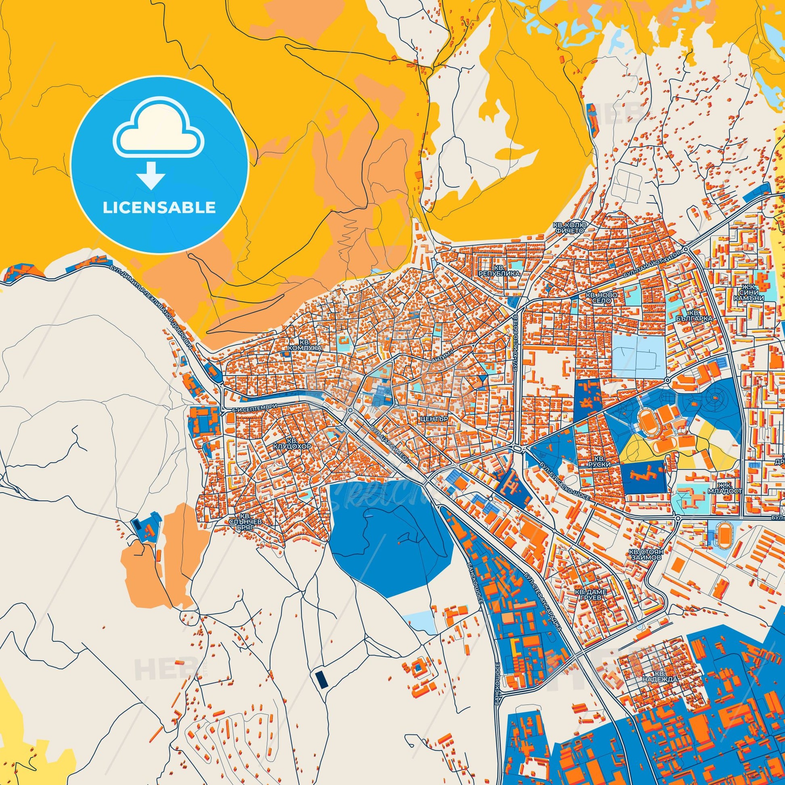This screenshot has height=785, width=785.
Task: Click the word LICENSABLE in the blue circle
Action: tap(159, 208)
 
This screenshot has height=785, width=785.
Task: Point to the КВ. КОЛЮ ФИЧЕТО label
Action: tap(569, 228)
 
